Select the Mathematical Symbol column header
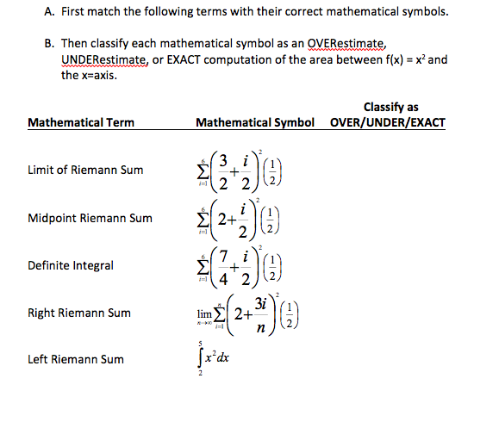click(x=253, y=122)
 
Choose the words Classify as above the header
click(x=391, y=108)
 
